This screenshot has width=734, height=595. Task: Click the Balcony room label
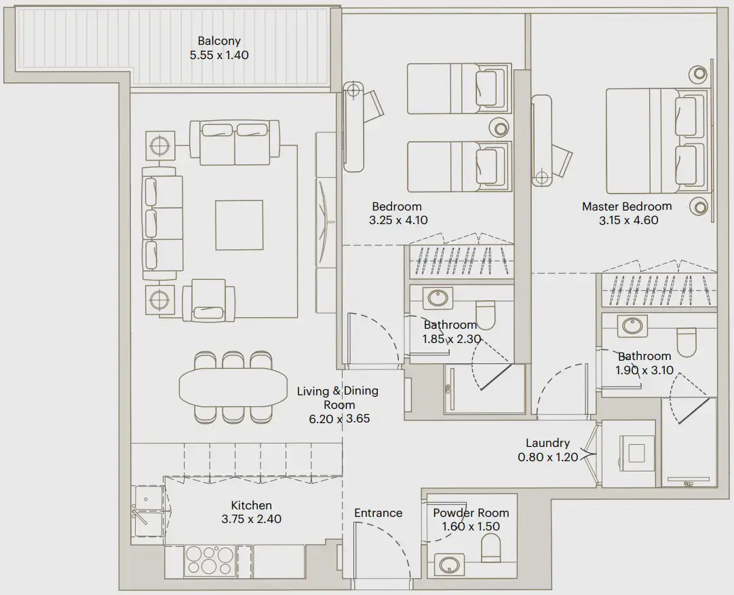pyautogui.click(x=219, y=41)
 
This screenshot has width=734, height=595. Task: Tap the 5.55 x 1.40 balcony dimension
pyautogui.click(x=219, y=54)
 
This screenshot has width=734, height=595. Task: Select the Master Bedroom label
pyautogui.click(x=627, y=206)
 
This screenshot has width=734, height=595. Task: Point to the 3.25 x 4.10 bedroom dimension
pyautogui.click(x=398, y=220)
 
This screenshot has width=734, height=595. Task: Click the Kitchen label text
pyautogui.click(x=251, y=505)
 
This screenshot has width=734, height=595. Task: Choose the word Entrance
pyautogui.click(x=378, y=513)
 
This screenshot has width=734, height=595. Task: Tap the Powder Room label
pyautogui.click(x=471, y=513)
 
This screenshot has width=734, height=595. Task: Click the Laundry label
pyautogui.click(x=547, y=444)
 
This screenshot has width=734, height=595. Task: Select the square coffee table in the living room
pyautogui.click(x=239, y=225)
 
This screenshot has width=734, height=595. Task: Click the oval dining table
pyautogui.click(x=233, y=386)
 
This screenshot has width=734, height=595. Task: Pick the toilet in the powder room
pyautogui.click(x=490, y=547)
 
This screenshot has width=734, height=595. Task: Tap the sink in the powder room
pyautogui.click(x=448, y=564)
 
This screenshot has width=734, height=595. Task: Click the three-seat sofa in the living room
pyautogui.click(x=163, y=225)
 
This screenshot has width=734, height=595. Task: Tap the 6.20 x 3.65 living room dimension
pyautogui.click(x=339, y=418)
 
